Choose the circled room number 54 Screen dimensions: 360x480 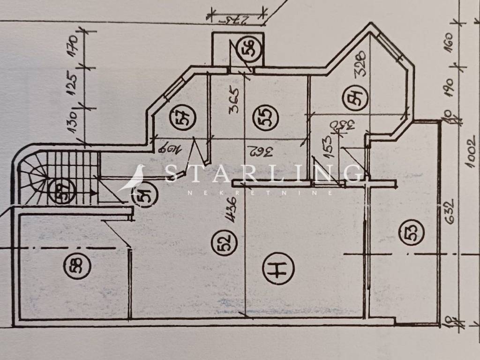[x=358, y=100]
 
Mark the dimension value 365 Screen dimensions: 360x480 [x=236, y=101]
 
